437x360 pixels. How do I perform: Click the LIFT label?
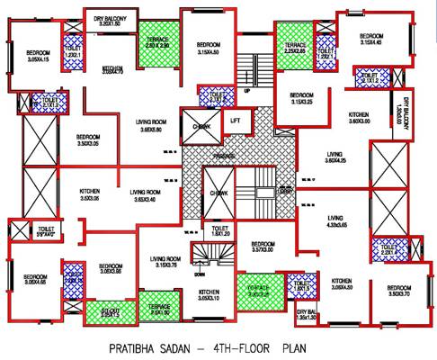(235, 120)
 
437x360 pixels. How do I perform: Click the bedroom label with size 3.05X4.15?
(37, 56)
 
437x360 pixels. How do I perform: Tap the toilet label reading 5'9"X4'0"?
(47, 232)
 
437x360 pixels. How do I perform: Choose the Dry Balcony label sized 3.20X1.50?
(111, 18)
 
